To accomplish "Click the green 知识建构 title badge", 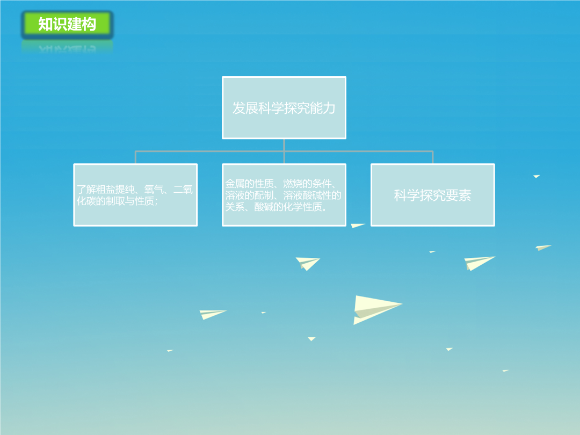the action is (x=67, y=24).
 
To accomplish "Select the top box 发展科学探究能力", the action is (x=284, y=107).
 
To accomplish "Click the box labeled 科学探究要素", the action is (x=433, y=195).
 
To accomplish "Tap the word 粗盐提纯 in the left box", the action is (x=105, y=190).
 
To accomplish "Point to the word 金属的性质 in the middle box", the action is (x=249, y=184).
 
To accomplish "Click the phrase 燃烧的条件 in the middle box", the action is (x=307, y=184).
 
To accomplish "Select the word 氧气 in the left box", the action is (x=154, y=190).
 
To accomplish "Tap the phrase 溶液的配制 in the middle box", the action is (x=249, y=195).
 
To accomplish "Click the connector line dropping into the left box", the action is (x=135, y=157).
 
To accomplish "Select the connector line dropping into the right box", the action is (x=433, y=157).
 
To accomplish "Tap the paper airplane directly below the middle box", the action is (x=307, y=263).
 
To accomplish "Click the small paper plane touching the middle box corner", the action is (x=357, y=225).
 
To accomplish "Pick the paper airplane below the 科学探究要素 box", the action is (x=480, y=263).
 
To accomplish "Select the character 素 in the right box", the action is (x=465, y=195).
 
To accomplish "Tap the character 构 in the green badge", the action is (x=89, y=24).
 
